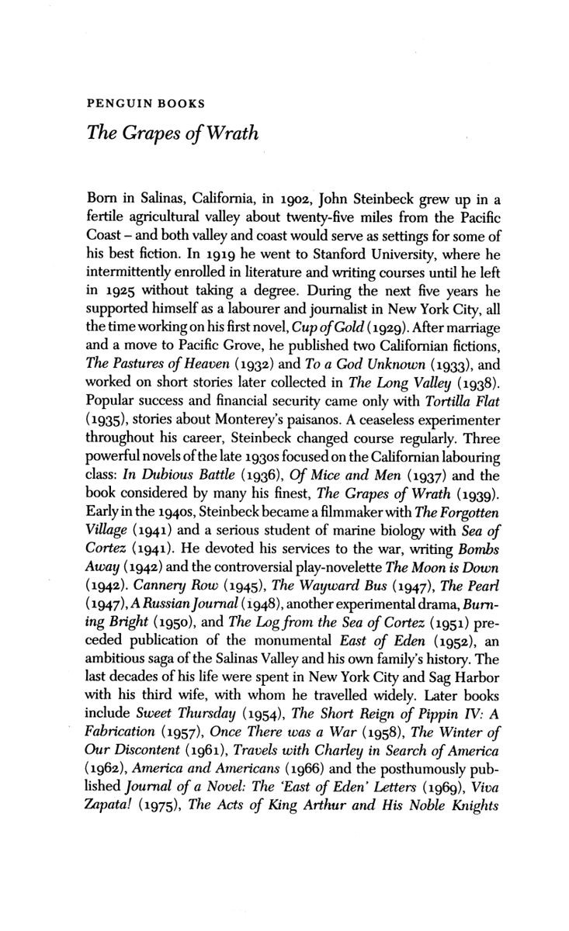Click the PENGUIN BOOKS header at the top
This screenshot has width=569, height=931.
pyautogui.click(x=137, y=102)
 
